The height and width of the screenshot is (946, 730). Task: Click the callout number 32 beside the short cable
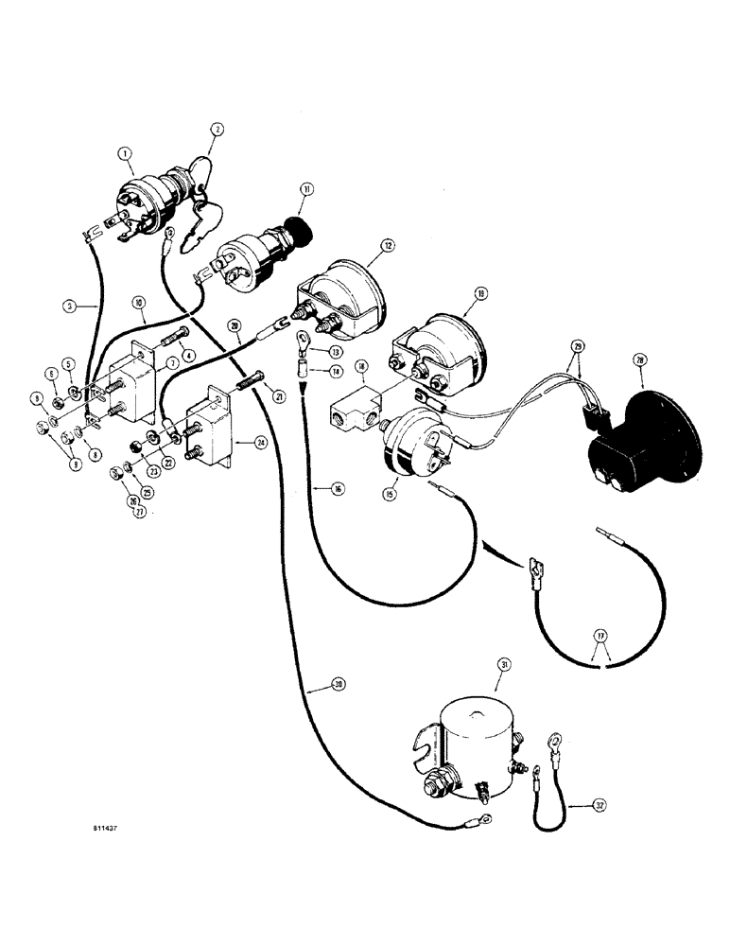[598, 805]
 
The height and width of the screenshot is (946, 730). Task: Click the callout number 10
[138, 304]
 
